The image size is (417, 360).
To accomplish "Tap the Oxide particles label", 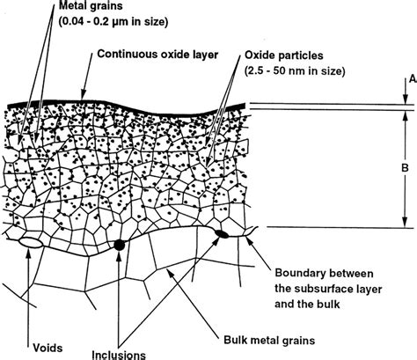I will point(287,52).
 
